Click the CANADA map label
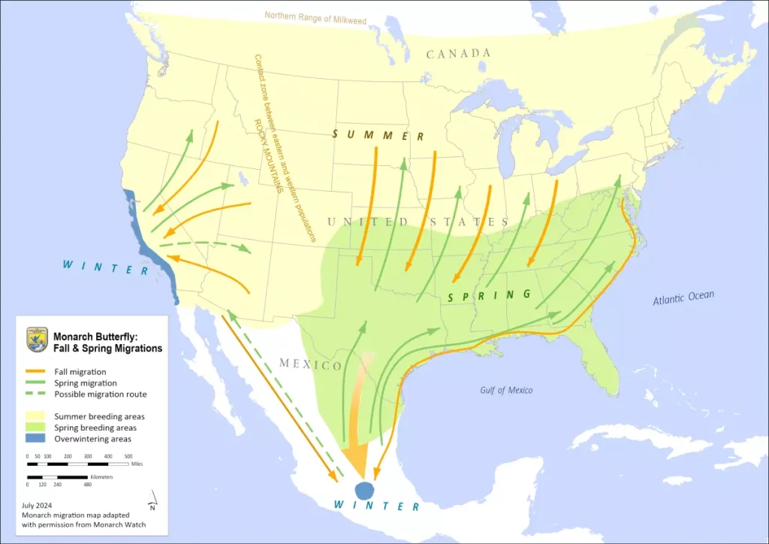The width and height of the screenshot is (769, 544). point(458,53)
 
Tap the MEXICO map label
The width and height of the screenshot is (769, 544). point(310,364)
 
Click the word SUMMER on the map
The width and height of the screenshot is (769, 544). point(379,135)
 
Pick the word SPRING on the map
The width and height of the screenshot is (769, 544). point(489,295)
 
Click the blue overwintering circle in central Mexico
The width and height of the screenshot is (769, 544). point(364,491)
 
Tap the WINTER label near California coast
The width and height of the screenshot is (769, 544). point(105,267)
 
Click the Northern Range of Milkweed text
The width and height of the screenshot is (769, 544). point(315,17)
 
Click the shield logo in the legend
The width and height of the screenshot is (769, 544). point(37,340)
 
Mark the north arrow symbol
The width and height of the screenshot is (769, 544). point(153,498)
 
